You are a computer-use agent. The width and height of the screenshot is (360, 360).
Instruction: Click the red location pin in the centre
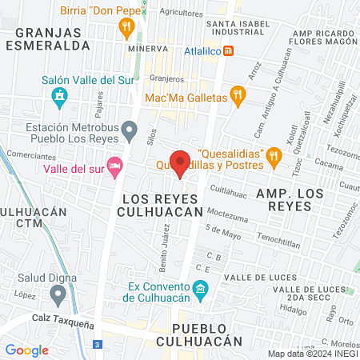click(x=180, y=163)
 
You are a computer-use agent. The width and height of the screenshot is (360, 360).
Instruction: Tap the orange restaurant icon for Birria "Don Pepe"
click(x=126, y=28)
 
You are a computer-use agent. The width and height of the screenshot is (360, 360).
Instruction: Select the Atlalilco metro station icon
click(x=229, y=51)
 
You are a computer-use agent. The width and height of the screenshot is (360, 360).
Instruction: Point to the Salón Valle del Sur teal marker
click(x=59, y=98)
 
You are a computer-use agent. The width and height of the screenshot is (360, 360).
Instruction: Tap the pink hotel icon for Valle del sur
click(x=114, y=166)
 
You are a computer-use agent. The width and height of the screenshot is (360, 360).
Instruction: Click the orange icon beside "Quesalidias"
click(x=274, y=156)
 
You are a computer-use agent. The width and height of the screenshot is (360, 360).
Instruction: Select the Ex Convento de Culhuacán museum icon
click(x=200, y=288)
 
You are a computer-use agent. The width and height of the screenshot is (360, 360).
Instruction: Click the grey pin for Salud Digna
click(x=57, y=295)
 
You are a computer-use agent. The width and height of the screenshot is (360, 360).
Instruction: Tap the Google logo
click(x=26, y=350)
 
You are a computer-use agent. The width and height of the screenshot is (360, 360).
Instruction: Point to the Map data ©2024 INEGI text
click(x=312, y=354)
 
